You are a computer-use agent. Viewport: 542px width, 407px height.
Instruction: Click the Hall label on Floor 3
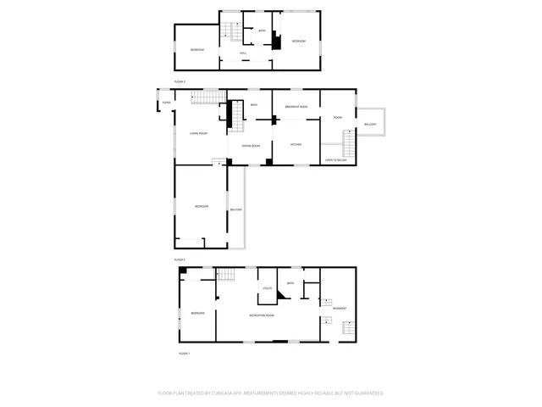pyautogui.click(x=243, y=53)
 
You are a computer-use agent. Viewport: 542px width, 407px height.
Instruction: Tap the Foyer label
pyautogui.click(x=167, y=103)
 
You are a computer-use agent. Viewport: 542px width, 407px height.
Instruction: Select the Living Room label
pyautogui.click(x=199, y=133)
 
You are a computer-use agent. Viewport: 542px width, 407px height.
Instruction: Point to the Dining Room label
pyautogui.click(x=250, y=145)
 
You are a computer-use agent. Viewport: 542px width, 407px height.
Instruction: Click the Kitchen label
pyautogui.click(x=296, y=144)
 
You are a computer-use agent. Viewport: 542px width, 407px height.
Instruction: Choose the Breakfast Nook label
pyautogui.click(x=296, y=106)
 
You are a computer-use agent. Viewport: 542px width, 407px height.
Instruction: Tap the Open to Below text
pyautogui.click(x=336, y=159)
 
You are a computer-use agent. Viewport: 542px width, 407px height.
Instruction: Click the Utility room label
pyautogui.click(x=267, y=289)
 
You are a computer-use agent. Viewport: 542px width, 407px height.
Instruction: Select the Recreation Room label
pyautogui.click(x=262, y=315)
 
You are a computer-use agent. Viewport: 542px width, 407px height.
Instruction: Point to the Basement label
pyautogui.click(x=340, y=308)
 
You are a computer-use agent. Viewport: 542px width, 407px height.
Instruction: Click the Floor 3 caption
pyautogui.click(x=180, y=81)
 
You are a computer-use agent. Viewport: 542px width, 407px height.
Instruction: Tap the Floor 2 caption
pyautogui.click(x=180, y=259)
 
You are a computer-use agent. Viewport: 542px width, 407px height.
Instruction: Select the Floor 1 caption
pyautogui.click(x=184, y=353)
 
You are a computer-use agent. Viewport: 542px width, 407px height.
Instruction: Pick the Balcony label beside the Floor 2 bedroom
pyautogui.click(x=236, y=209)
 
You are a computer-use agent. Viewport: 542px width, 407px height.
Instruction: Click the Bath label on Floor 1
pyautogui.click(x=290, y=283)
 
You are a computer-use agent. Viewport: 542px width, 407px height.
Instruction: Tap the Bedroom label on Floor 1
pyautogui.click(x=197, y=313)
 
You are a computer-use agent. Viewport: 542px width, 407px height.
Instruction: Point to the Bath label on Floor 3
pyautogui.click(x=262, y=31)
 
